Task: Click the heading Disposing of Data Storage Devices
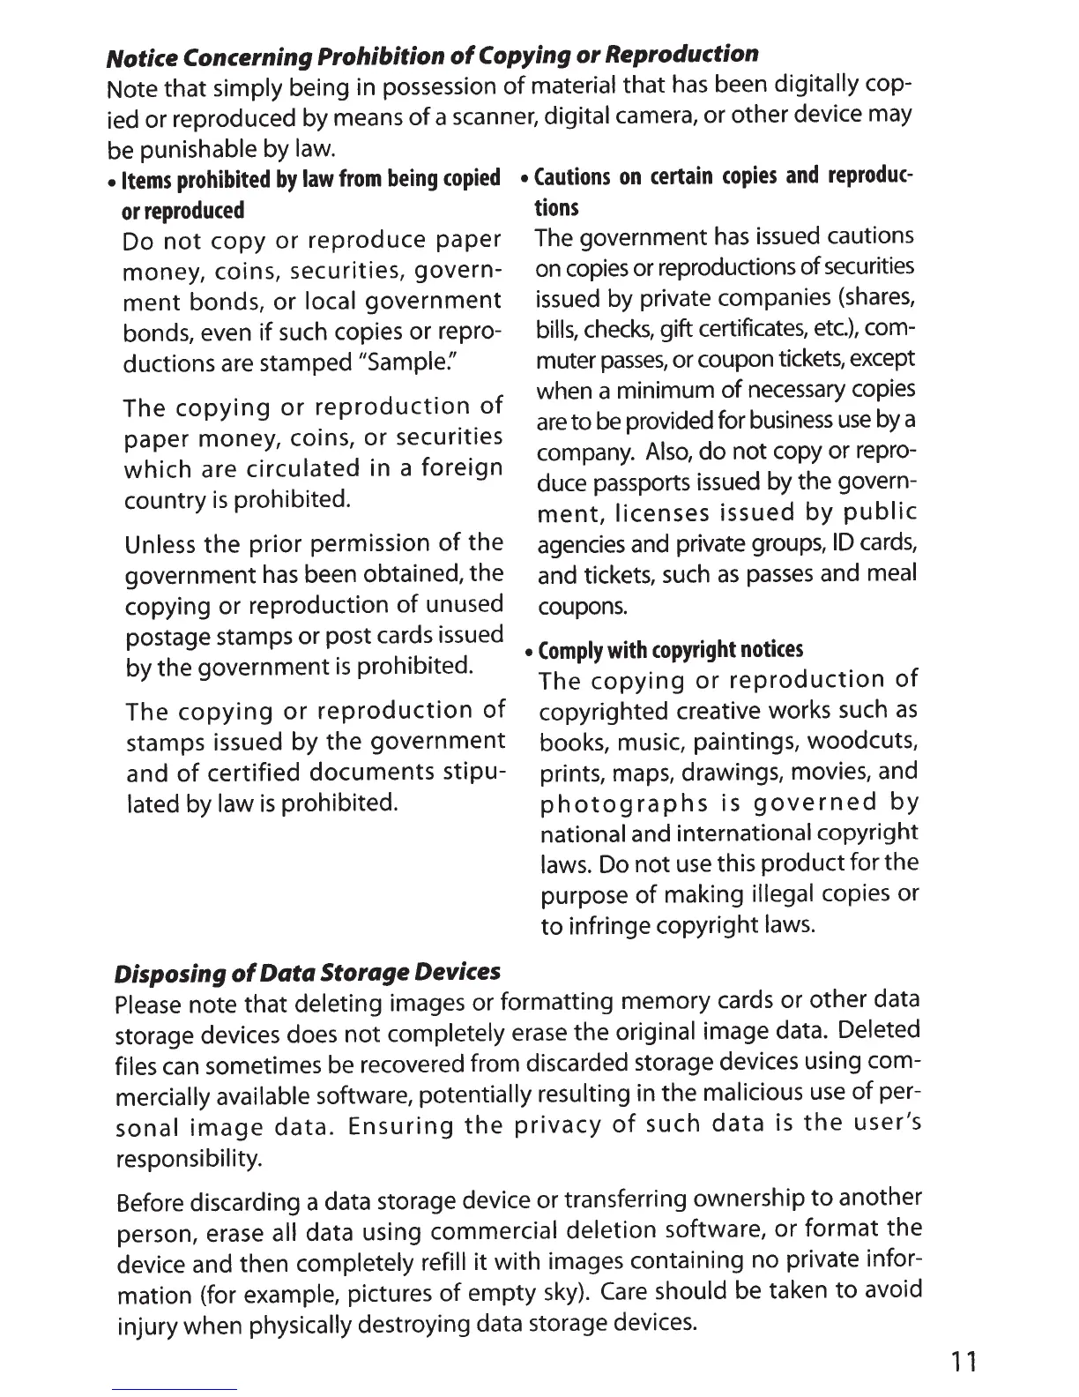tap(308, 973)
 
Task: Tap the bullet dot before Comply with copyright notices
tap(527, 654)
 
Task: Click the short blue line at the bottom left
tap(175, 1389)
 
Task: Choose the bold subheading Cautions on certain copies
tap(723, 176)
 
